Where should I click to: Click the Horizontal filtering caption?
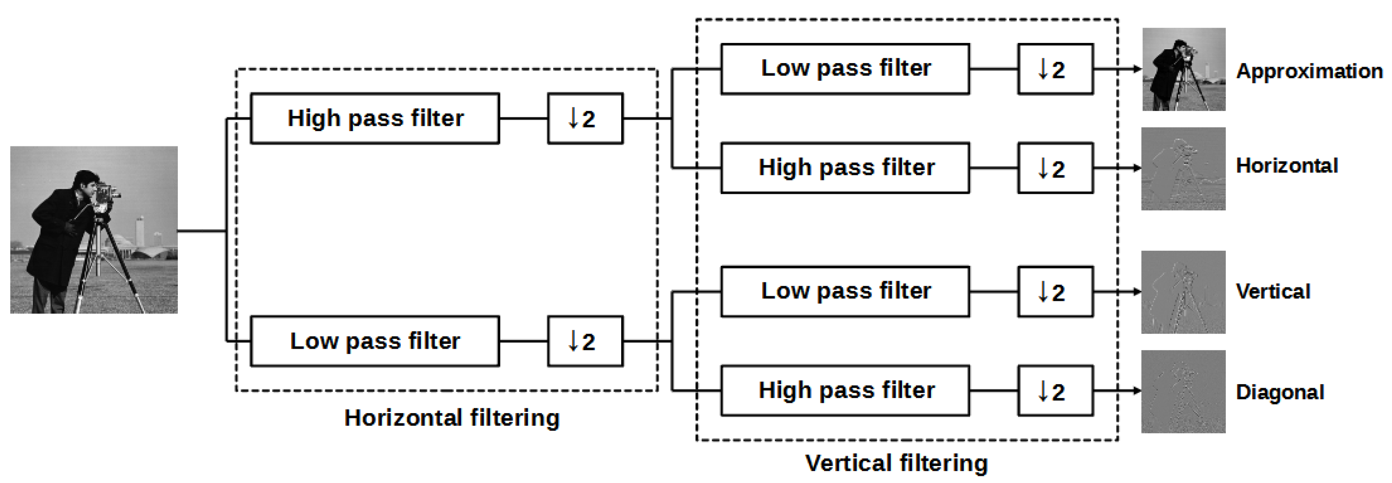coord(452,418)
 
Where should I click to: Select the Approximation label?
coord(1309,71)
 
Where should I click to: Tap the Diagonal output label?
coord(1280,392)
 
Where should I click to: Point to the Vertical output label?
coord(1273,292)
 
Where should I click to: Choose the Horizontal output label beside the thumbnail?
coord(1287,165)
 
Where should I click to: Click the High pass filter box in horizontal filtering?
coord(375,118)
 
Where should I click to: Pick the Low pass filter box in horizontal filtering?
coord(375,342)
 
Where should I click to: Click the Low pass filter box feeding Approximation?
coord(845,69)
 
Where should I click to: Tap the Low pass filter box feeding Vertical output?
coord(845,292)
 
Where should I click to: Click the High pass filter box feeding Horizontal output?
coord(845,168)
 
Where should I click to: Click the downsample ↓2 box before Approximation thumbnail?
coord(1055,69)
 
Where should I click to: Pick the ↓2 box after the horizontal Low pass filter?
coord(585,342)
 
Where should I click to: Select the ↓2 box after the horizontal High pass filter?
coord(585,118)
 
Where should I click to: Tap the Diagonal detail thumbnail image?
coord(1183,392)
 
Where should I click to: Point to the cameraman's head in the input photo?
coord(86,183)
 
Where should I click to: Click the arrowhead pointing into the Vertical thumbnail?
coord(1137,292)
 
